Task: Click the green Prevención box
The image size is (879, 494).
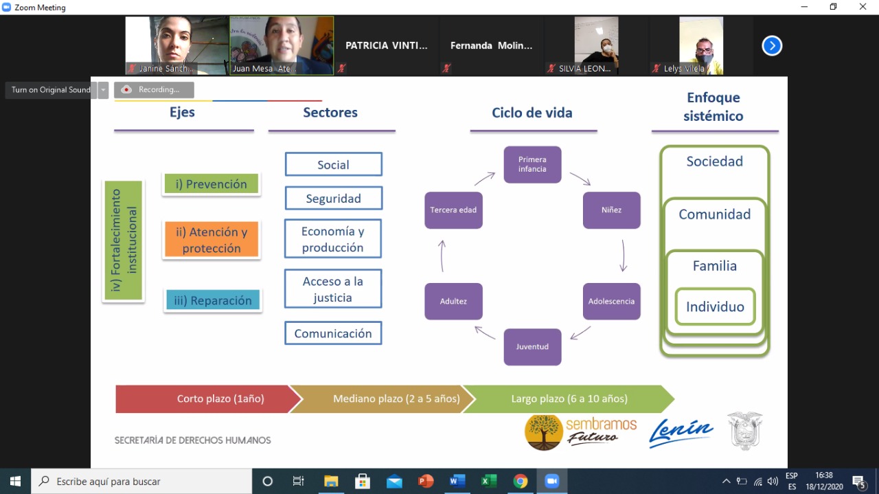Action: [x=211, y=183]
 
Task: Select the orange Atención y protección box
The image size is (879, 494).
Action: [x=212, y=240]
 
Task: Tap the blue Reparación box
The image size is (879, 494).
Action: [x=213, y=300]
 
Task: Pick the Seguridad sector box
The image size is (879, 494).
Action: [x=334, y=199]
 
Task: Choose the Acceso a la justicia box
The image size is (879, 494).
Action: [x=333, y=289]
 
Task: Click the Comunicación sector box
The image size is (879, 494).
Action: [x=333, y=333]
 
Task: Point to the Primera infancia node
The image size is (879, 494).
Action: [x=532, y=164]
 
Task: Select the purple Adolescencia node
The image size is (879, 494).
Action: [x=611, y=301]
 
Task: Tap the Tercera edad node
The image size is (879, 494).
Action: [x=454, y=210]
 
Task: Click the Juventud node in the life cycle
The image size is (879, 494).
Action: [x=532, y=347]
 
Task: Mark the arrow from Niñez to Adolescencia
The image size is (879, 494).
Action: [x=623, y=256]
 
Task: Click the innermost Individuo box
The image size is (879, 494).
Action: [x=715, y=306]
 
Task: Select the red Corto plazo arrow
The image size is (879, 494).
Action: [x=208, y=399]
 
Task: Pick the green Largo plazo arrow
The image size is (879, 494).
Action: [x=569, y=399]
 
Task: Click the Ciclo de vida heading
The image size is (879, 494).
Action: [x=532, y=113]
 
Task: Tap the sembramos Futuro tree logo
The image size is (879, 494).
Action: [x=543, y=432]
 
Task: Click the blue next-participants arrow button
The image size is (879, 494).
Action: [x=772, y=46]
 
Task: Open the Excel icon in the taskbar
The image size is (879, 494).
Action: [x=488, y=481]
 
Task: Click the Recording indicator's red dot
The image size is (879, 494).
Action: [x=126, y=89]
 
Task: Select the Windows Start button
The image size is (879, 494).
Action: [x=15, y=481]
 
